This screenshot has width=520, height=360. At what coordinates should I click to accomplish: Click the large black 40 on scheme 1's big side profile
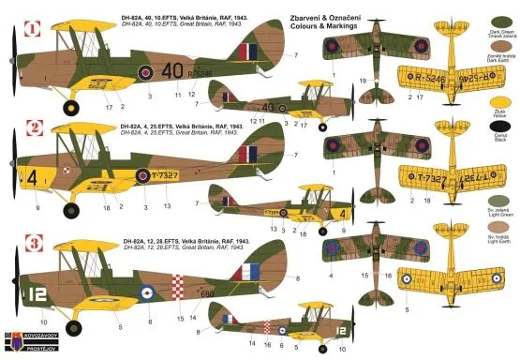click(x=171, y=69)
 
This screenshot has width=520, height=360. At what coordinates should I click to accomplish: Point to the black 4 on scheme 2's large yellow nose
click(x=33, y=175)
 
